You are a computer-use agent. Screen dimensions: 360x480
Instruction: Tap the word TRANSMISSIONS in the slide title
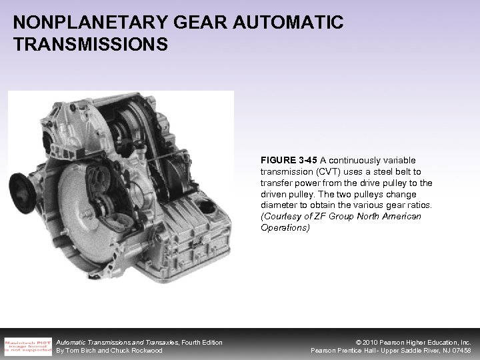coord(90,45)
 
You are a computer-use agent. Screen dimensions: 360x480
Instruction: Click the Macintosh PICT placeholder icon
coord(28,345)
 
